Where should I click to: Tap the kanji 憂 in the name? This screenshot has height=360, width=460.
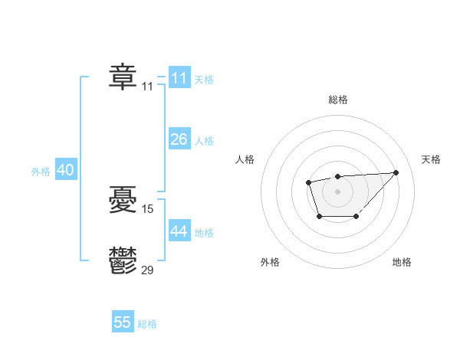click(123, 201)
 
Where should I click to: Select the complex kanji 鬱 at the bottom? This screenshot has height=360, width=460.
click(123, 260)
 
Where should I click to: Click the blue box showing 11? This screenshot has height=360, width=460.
click(179, 78)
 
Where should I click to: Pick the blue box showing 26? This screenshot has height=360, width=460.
click(179, 139)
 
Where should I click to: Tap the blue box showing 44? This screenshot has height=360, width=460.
click(179, 231)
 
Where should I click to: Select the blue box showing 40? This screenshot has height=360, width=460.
click(65, 171)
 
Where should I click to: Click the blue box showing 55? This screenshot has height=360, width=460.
click(123, 322)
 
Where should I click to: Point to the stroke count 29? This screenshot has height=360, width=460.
click(148, 269)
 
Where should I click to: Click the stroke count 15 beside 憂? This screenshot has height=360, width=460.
click(148, 208)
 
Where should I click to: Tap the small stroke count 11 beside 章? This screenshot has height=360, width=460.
click(147, 87)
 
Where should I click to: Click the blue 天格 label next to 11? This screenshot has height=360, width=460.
click(204, 80)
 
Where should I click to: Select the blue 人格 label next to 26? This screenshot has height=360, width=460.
click(204, 141)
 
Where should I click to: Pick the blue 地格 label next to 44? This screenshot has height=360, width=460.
click(204, 233)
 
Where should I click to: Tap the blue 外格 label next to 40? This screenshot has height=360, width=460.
click(41, 172)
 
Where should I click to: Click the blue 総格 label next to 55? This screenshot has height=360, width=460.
click(147, 324)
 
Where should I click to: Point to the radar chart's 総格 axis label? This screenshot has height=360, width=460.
click(337, 100)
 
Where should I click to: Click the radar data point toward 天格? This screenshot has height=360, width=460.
click(396, 172)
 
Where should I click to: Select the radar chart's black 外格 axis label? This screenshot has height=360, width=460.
click(270, 262)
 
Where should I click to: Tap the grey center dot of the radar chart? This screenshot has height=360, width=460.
click(337, 191)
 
